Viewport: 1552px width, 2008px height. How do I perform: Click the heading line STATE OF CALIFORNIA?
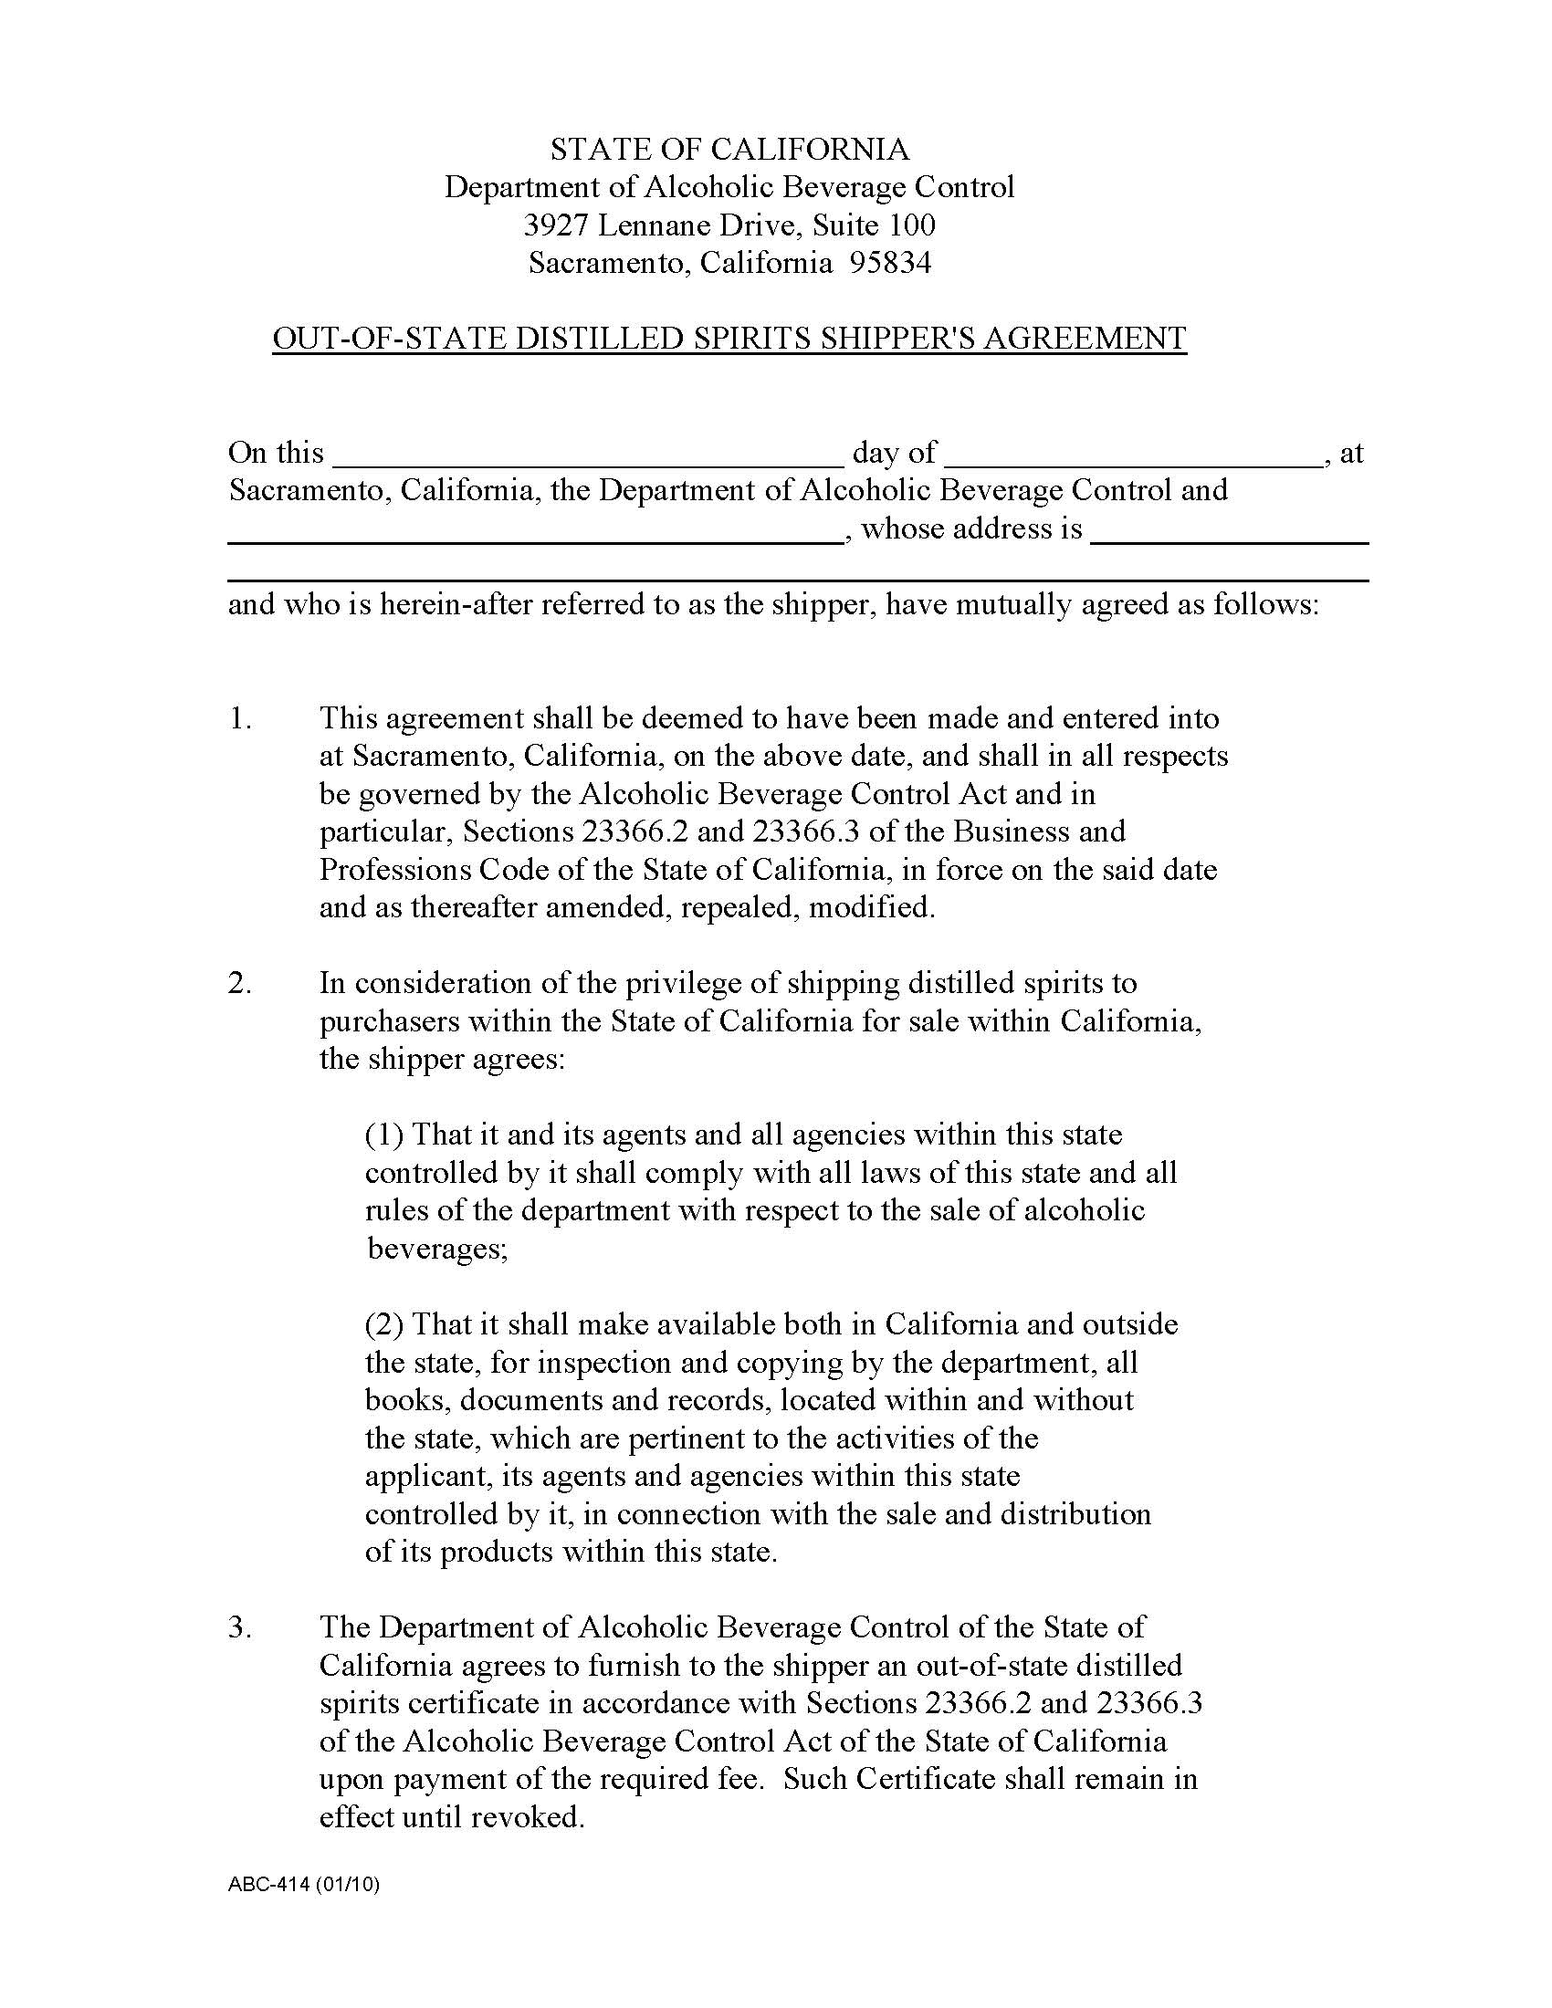(x=729, y=149)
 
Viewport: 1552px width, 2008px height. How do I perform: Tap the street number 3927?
(x=555, y=225)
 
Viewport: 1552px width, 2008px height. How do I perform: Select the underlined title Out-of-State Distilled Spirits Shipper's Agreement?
(x=729, y=339)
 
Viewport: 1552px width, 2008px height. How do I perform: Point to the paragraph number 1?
(x=240, y=718)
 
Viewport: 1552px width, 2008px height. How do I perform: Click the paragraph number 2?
(x=240, y=983)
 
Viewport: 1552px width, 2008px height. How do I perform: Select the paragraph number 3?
(x=240, y=1626)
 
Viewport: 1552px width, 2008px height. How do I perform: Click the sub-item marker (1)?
(x=384, y=1135)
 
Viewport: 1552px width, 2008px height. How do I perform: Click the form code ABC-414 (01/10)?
(x=303, y=1885)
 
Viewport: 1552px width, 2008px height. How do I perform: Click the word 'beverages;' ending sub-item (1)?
(x=436, y=1249)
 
